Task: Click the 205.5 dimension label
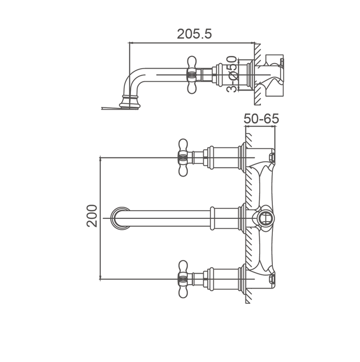[x=194, y=34]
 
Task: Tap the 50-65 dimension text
[x=261, y=118]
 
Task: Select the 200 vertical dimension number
[x=92, y=216]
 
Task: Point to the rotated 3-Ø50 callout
[x=232, y=74]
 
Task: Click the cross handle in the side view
[x=191, y=75]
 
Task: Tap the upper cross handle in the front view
[x=183, y=157]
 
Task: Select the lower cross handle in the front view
[x=183, y=279]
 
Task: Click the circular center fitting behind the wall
[x=266, y=218]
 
